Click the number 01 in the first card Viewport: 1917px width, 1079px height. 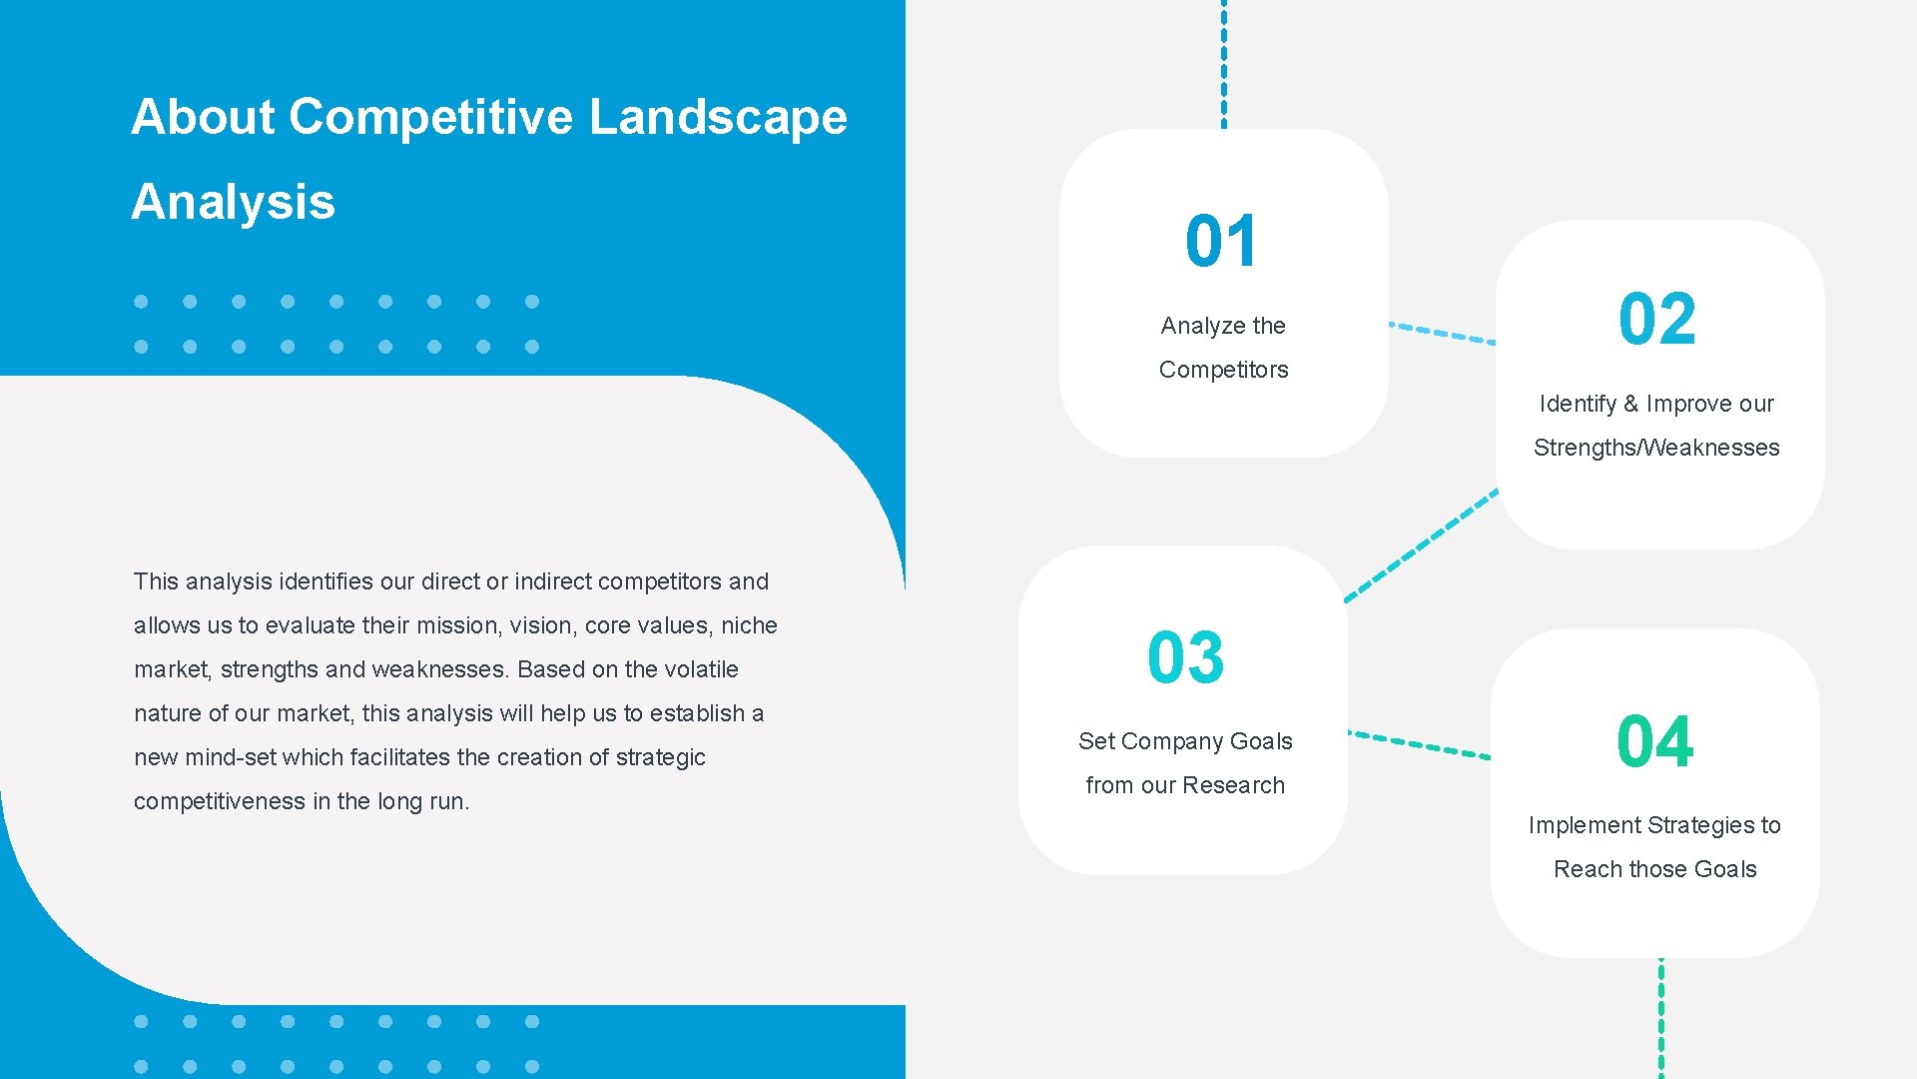point(1221,241)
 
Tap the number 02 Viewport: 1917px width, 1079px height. point(1656,320)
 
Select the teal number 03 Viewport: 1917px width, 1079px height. point(1185,657)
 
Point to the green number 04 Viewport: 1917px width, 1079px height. point(1654,741)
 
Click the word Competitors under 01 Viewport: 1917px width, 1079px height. point(1223,370)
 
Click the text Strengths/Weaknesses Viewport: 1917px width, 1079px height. point(1656,448)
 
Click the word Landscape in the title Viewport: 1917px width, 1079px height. point(718,117)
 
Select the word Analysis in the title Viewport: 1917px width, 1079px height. point(233,202)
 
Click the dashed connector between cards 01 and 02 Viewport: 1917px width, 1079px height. point(1442,333)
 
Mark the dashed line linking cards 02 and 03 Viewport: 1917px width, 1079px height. point(1422,545)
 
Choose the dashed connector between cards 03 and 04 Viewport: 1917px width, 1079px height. point(1419,744)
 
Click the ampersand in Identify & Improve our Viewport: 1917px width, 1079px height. point(1630,404)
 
